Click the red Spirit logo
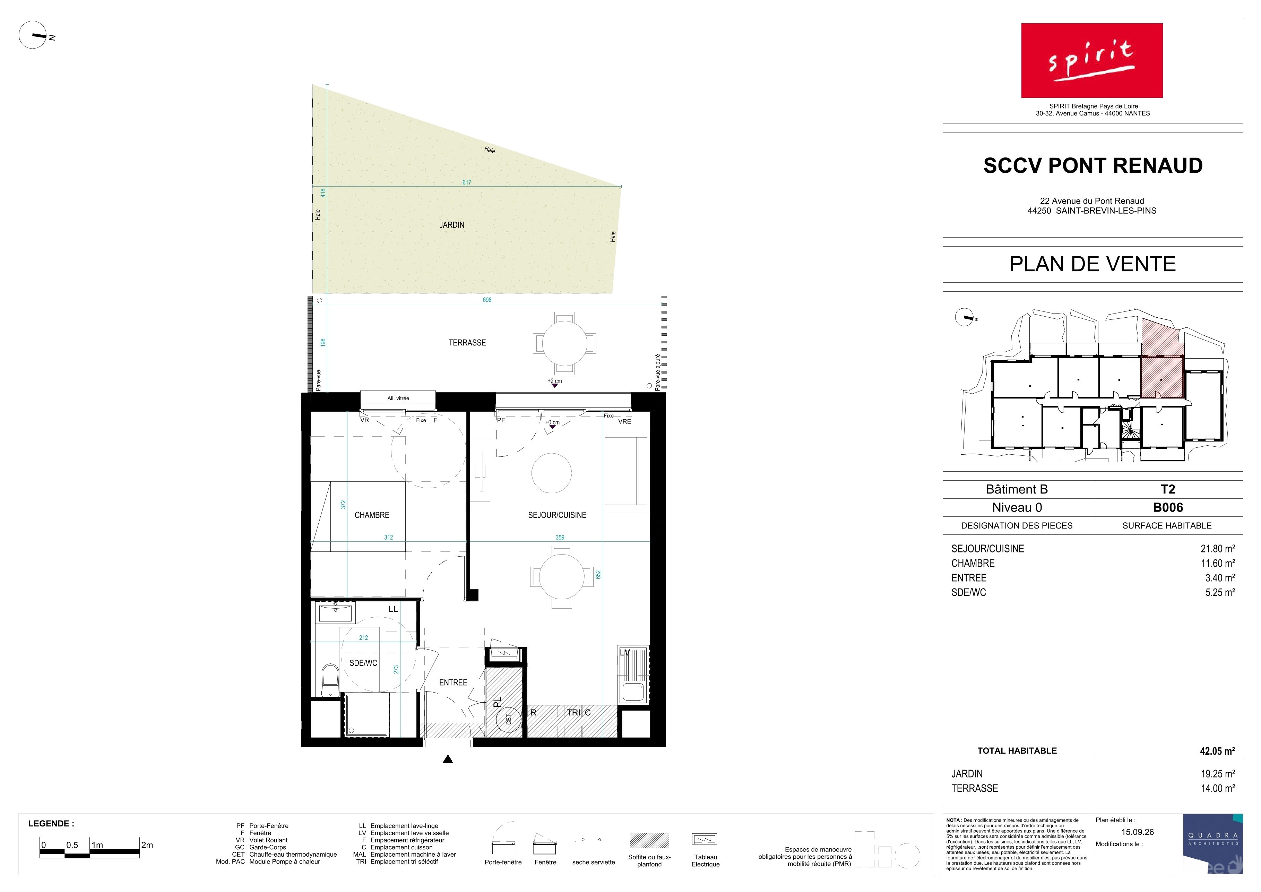tap(1092, 60)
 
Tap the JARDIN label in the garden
tap(451, 225)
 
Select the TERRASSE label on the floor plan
tap(467, 343)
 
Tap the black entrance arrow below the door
tap(448, 759)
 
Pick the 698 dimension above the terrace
tap(486, 300)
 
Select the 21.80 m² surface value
tap(1218, 549)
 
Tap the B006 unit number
tap(1168, 507)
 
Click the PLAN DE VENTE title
tap(1092, 264)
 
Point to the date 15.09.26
tap(1138, 832)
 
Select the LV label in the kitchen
tap(624, 652)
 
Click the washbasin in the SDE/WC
tap(336, 612)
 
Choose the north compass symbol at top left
tap(33, 35)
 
